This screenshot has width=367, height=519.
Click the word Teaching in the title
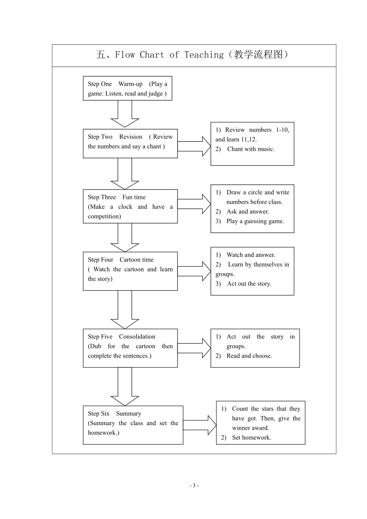pos(204,55)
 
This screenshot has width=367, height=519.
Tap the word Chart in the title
pos(152,55)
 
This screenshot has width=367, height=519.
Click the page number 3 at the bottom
pos(194,485)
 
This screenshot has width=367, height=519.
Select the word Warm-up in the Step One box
pos(131,84)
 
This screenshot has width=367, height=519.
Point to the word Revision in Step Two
pos(131,137)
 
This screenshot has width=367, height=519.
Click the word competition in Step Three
pos(104,216)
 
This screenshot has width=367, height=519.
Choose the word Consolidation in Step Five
pos(137,336)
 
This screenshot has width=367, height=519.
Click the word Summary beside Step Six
pos(128,413)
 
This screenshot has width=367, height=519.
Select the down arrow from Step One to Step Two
pos(125,114)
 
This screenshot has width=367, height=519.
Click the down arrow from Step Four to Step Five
pos(125,309)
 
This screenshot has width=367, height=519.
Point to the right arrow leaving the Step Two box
pos(194,146)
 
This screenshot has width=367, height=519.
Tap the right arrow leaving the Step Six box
pos(200,425)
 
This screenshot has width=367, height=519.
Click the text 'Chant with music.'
pos(250,149)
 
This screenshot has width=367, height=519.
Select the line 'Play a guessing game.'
pos(255,221)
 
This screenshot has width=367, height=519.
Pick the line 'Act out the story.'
pos(249,283)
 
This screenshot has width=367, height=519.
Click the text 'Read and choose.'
pos(249,356)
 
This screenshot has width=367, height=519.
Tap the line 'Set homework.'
pos(251,437)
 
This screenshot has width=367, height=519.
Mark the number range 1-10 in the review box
pos(283,130)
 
